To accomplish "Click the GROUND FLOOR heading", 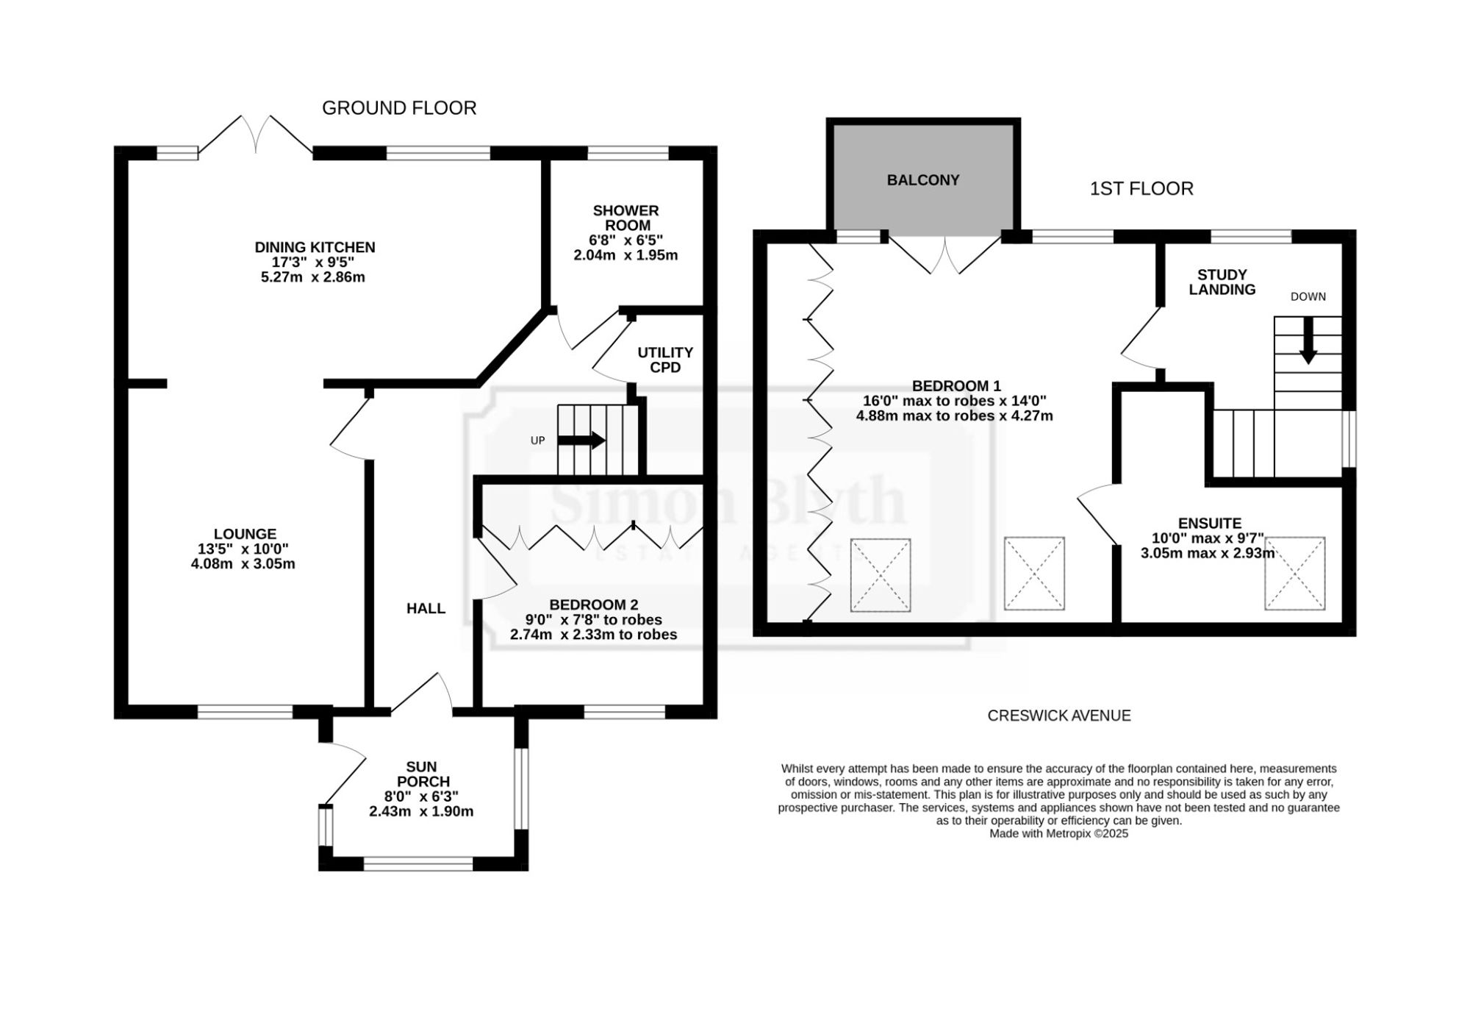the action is [399, 108].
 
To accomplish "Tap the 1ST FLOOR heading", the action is [1141, 189].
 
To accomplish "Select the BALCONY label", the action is [923, 180].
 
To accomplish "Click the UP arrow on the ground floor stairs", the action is [581, 441].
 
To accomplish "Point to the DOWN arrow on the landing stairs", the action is [1308, 340].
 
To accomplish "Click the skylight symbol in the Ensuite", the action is [1295, 574].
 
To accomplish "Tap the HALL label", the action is [426, 608].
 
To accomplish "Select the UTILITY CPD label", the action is [665, 360].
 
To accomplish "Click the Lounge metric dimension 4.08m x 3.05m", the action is [243, 564].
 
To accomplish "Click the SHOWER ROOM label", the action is [626, 218].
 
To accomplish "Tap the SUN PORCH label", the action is [423, 774].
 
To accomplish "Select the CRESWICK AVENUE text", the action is [1059, 716].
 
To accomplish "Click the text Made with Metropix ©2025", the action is [1059, 834].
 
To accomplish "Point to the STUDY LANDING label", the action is [1222, 282].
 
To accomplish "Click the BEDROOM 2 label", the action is [594, 605].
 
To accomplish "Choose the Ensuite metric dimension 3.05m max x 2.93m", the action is [1208, 553].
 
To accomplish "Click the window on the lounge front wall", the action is [245, 712].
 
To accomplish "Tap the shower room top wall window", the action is [628, 153].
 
